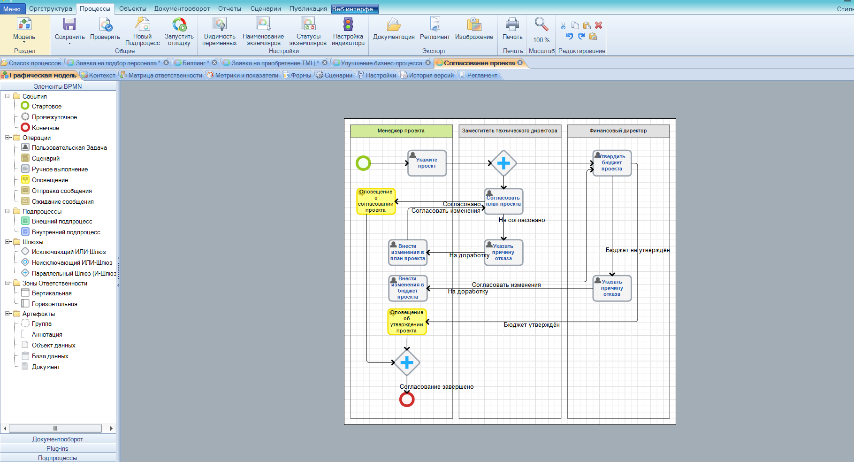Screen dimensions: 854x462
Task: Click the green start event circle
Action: pyautogui.click(x=363, y=163)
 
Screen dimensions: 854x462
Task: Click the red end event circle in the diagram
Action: pyautogui.click(x=407, y=400)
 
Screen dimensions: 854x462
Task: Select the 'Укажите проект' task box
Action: pyautogui.click(x=427, y=163)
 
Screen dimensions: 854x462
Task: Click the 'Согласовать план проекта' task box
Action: pyautogui.click(x=503, y=201)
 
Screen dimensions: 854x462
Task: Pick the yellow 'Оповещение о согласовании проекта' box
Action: pyautogui.click(x=376, y=201)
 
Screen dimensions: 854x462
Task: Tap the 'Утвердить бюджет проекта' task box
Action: pyautogui.click(x=612, y=163)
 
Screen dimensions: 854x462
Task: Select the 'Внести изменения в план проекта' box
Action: pyautogui.click(x=408, y=253)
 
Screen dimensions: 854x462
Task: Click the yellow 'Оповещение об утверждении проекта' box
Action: pyautogui.click(x=407, y=322)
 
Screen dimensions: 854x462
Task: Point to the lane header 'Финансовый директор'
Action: pyautogui.click(x=618, y=131)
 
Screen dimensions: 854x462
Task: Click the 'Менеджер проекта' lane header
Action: pyautogui.click(x=401, y=131)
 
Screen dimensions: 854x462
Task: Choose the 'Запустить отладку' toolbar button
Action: pyautogui.click(x=179, y=31)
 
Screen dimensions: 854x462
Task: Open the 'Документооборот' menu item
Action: pyautogui.click(x=182, y=8)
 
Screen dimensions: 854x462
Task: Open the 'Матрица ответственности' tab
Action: pyautogui.click(x=161, y=75)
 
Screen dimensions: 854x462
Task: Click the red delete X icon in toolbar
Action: pyautogui.click(x=599, y=25)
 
